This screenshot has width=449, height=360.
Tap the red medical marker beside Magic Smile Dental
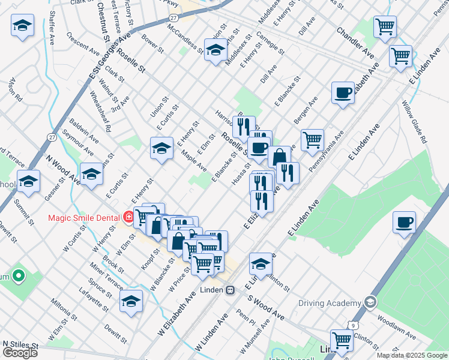128,217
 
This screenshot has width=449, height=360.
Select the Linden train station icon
230,290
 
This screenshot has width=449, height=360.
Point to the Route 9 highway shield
351,325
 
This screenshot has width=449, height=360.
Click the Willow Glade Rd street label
415,123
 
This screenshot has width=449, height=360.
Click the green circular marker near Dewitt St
19,277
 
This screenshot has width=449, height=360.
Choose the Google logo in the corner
19,353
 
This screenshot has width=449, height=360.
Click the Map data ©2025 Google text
411,355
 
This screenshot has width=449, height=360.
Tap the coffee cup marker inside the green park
405,223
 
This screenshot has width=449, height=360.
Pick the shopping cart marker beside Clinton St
342,340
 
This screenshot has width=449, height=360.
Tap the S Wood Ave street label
265,306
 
